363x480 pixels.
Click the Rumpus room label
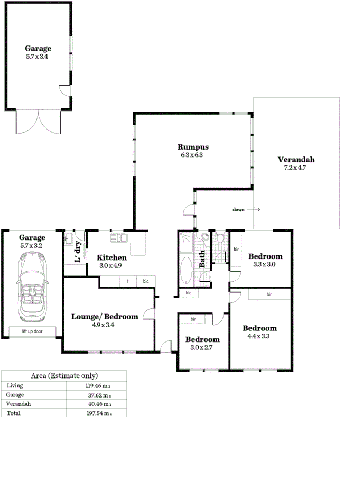coord(193,147)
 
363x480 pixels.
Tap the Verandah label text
coord(296,160)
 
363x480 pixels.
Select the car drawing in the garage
coord(32,287)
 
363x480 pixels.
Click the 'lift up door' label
coord(32,331)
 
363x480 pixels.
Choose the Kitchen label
coord(111,257)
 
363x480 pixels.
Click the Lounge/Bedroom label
coord(105,317)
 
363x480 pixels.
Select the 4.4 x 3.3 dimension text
coord(260,336)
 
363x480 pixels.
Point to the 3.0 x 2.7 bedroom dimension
coord(202,347)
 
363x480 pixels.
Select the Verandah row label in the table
coord(18,404)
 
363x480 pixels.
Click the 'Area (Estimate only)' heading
coord(64,376)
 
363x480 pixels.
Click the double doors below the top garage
coord(38,122)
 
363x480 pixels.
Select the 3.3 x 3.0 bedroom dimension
coord(264,264)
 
